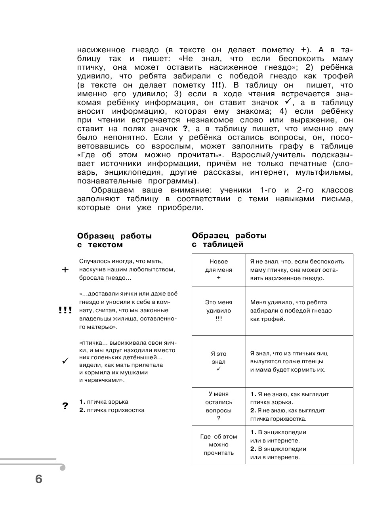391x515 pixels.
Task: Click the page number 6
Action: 38,479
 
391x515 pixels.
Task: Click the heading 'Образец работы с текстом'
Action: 114,240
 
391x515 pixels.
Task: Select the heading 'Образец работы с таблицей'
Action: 229,240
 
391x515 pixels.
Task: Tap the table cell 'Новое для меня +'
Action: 219,270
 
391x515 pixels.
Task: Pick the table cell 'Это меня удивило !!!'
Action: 219,311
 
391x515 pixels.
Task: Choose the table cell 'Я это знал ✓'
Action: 219,361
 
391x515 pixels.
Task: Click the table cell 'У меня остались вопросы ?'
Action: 219,406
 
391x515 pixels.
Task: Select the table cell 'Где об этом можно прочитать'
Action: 219,444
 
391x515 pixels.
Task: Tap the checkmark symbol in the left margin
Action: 65,361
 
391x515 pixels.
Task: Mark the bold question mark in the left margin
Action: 65,406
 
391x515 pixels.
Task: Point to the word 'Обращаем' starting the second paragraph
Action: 109,190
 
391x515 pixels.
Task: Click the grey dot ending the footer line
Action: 62,467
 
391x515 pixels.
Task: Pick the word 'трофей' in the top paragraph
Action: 339,76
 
